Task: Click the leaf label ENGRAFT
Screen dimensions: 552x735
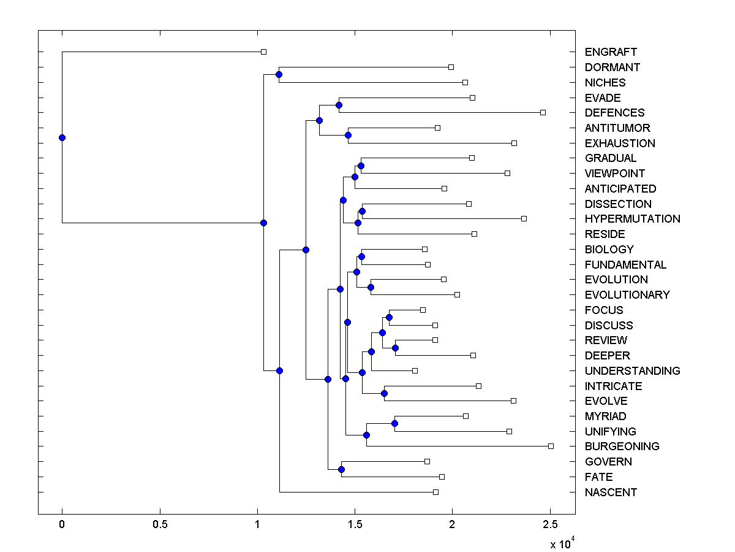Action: [x=611, y=52]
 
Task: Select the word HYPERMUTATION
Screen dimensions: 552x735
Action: [x=632, y=219]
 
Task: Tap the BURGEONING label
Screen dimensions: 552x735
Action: [x=622, y=447]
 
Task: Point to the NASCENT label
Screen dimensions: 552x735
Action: [x=611, y=492]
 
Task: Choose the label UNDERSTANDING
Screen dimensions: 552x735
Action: [x=632, y=370]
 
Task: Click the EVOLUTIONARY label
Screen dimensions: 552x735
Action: [x=627, y=295]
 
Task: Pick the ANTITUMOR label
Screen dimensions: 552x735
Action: [x=617, y=128]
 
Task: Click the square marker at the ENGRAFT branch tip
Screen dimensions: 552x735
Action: [x=263, y=52]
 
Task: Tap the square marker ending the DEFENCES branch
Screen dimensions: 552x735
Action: [x=543, y=113]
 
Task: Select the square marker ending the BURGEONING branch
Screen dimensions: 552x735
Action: [x=551, y=446]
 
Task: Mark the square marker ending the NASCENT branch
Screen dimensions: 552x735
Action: [x=435, y=492]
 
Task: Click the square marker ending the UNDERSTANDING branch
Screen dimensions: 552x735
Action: [x=415, y=370]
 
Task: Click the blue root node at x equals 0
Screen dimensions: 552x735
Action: [x=62, y=137]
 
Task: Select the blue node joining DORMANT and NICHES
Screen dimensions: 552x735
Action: [x=279, y=75]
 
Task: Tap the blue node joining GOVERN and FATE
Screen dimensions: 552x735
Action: [x=341, y=469]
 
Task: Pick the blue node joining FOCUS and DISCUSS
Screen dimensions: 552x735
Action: [x=389, y=317]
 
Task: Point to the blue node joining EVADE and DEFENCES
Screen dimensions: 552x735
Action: [x=339, y=105]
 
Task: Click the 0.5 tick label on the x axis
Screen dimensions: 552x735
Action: [x=160, y=524]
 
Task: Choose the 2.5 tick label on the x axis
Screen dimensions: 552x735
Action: [x=550, y=524]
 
